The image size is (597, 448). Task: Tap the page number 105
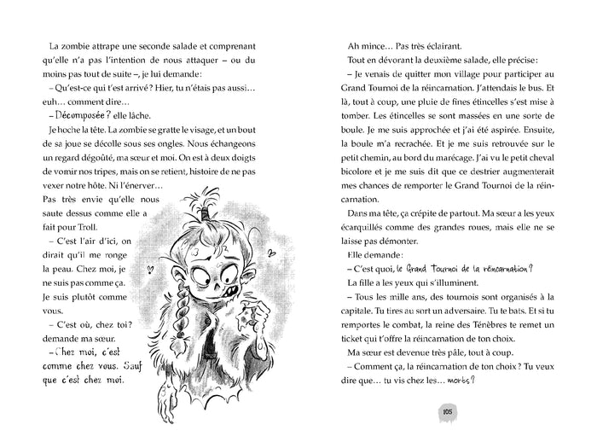coord(446,413)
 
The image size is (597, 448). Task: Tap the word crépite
coord(438,217)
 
